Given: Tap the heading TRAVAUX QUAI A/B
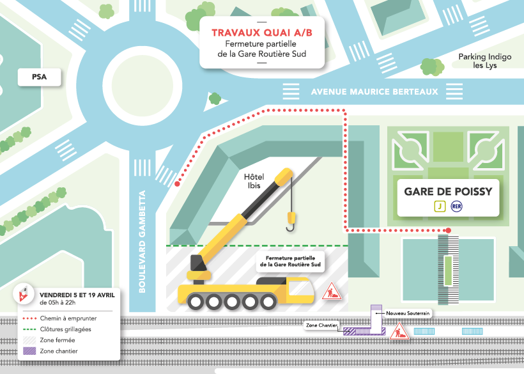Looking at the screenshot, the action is point(261,32).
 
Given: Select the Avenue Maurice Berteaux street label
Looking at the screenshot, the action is point(374,92).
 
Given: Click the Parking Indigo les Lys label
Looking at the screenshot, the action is point(484,61).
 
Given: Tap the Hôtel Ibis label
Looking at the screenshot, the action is point(255,181).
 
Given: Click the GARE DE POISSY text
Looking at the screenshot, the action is point(448,192).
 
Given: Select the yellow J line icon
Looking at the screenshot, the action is point(440,206).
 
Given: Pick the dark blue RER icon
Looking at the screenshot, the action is point(456,206).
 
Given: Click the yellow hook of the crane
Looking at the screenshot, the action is point(291,223).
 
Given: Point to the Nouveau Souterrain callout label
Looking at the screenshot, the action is point(408,313).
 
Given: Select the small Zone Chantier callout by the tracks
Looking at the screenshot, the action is point(321,325).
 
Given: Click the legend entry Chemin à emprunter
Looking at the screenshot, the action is point(65,317).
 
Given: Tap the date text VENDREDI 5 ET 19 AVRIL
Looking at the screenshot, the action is point(77,295).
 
